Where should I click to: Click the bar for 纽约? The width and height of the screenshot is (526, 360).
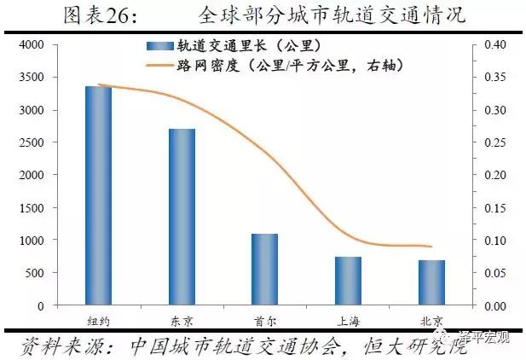click(98, 195)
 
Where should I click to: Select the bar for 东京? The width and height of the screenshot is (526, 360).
click(182, 217)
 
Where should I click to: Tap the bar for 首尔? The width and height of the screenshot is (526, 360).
click(264, 269)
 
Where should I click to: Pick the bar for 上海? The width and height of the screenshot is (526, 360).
click(348, 281)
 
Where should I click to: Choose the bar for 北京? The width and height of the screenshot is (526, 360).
click(431, 282)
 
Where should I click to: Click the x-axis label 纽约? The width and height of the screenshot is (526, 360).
click(98, 321)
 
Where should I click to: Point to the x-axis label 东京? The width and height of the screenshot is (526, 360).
click(182, 321)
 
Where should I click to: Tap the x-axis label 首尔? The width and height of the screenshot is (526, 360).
click(264, 321)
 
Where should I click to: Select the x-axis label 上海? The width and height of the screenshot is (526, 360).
click(348, 321)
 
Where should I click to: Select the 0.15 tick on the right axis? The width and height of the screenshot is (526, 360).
click(494, 208)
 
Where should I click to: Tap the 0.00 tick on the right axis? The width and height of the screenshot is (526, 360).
click(494, 305)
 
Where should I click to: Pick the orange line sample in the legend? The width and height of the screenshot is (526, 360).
click(160, 65)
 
